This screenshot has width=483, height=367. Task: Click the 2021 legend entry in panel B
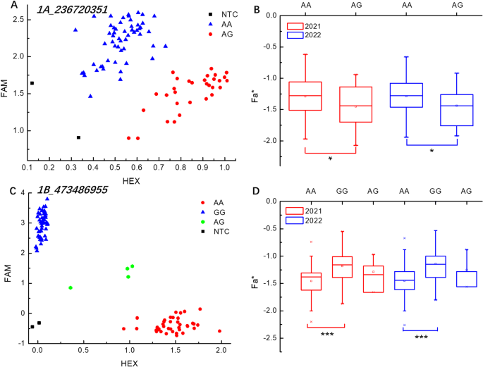308,27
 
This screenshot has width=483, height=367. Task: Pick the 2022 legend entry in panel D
308,225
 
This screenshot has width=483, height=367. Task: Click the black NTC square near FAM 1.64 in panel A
32,83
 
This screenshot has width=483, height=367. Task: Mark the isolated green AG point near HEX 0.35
71,287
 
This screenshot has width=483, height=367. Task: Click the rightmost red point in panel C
219,330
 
